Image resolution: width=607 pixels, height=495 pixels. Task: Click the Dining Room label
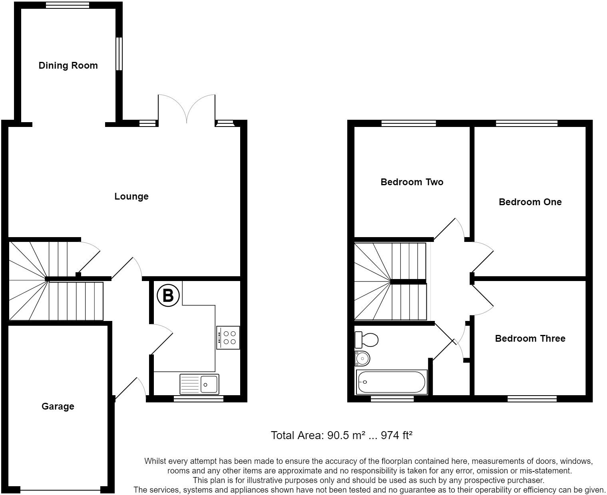68,65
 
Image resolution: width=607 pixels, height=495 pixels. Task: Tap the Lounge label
131,196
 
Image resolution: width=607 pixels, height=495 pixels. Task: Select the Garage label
58,406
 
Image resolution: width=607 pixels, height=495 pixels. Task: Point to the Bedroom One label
530,202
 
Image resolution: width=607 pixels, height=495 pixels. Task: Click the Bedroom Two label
412,182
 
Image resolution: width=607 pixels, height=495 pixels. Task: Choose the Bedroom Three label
530,339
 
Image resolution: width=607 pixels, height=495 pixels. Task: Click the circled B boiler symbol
168,295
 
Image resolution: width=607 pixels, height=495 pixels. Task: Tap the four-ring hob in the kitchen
228,338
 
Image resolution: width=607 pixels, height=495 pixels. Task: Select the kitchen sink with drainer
199,384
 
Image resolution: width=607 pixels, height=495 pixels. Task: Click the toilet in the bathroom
366,340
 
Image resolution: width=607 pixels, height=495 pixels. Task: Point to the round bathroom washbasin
362,358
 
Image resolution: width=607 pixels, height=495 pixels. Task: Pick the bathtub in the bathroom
392,382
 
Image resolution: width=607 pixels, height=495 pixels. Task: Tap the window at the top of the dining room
68,5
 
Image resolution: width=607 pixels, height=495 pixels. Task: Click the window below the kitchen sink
199,398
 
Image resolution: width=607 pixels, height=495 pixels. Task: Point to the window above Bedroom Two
408,123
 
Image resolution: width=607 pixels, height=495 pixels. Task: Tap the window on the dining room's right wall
119,54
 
